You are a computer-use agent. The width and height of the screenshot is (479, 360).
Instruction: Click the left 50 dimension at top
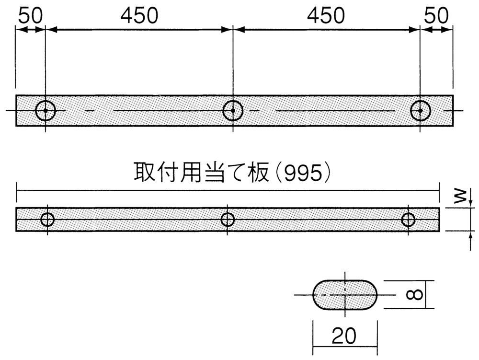[30, 15]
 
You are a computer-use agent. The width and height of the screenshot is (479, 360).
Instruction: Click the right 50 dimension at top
[436, 15]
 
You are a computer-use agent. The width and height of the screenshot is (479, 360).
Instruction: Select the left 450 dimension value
[139, 15]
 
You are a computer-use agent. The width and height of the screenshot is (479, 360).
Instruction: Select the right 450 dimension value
[326, 15]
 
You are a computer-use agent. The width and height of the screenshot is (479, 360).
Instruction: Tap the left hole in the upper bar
[35, 111]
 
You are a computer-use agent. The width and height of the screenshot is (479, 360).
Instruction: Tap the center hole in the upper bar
[223, 111]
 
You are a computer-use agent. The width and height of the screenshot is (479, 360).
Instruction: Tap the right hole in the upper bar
[411, 111]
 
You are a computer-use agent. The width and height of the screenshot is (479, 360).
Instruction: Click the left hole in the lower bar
[41, 220]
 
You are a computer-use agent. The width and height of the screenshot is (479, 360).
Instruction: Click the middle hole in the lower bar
[221, 220]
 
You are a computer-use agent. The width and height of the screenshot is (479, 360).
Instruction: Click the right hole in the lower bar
[402, 220]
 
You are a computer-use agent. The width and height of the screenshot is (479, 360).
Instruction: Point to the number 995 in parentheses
[303, 173]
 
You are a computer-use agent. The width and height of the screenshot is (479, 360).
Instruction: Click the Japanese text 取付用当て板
[201, 173]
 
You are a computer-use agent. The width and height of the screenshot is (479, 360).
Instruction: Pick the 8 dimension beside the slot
[414, 295]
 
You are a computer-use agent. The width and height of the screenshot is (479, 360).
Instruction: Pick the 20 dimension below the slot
[343, 336]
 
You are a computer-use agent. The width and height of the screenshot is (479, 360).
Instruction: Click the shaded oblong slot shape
[345, 295]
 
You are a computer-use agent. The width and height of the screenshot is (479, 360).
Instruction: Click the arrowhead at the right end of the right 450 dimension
[414, 30]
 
